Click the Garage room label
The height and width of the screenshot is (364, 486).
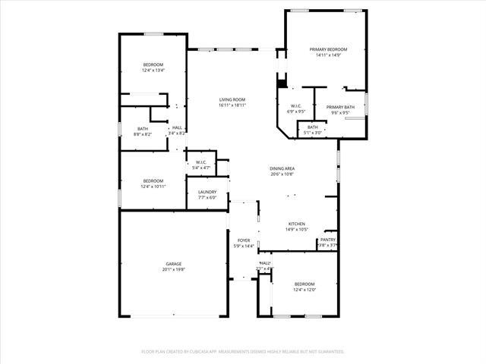[x=173, y=264]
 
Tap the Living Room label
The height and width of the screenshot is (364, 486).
[x=232, y=100]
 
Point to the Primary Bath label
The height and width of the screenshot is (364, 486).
[x=340, y=107]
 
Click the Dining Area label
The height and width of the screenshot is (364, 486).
[x=282, y=168]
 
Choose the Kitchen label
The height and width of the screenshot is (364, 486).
[x=296, y=224]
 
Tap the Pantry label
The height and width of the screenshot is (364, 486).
[x=327, y=240]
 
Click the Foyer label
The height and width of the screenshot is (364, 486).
[x=243, y=240]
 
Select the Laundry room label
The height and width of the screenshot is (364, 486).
[x=207, y=193]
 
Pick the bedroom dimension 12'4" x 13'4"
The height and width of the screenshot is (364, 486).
[x=153, y=71]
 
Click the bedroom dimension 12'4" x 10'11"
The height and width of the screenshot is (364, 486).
[x=153, y=186]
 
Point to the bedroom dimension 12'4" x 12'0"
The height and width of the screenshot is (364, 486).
[x=305, y=290]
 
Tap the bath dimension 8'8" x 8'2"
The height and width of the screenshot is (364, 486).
[x=143, y=134]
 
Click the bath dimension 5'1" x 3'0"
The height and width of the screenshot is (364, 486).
[x=313, y=132]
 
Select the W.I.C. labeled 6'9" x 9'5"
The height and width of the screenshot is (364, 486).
[x=296, y=111]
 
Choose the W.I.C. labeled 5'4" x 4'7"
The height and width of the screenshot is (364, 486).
[x=201, y=167]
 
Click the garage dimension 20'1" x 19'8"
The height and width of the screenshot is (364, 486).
[x=173, y=269]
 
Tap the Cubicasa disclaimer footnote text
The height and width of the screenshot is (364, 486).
[x=243, y=352]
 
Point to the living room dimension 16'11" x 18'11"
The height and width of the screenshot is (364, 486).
[x=232, y=105]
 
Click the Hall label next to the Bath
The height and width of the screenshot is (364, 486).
[x=176, y=127]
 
